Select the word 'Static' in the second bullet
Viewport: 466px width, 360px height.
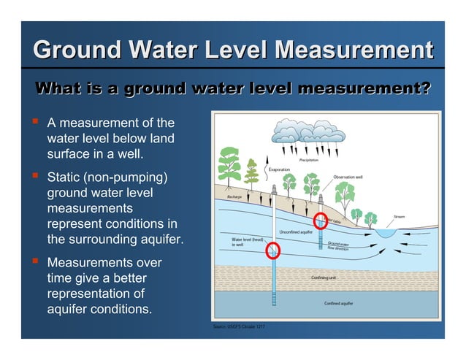[x=66, y=178]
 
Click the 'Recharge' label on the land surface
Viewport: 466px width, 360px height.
[x=234, y=197]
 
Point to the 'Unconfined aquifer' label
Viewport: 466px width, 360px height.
[x=296, y=232]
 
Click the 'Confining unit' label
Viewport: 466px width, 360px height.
[x=324, y=277]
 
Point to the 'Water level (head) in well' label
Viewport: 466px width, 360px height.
[x=247, y=242]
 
